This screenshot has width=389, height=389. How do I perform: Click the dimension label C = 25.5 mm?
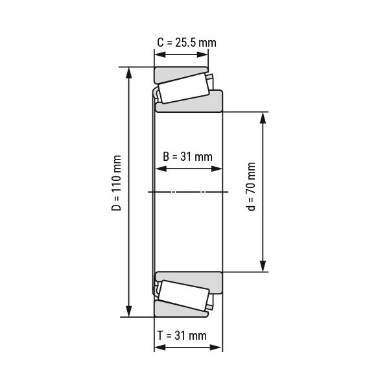(187, 43)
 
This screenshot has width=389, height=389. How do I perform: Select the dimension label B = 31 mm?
(187, 156)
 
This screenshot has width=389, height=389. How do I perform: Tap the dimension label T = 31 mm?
(182, 335)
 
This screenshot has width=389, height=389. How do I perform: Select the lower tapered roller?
(182, 294)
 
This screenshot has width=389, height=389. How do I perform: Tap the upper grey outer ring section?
(180, 72)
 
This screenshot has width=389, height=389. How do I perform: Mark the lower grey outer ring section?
(180, 311)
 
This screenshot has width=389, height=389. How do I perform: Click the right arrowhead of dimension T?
(218, 347)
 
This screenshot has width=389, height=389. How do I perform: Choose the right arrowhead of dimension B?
(218, 169)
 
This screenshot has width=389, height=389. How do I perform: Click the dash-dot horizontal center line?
(188, 192)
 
